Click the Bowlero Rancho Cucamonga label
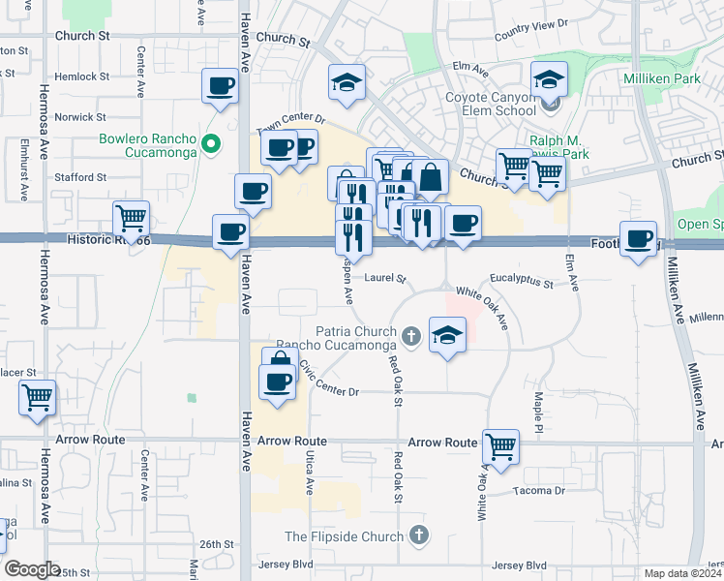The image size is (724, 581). tap(148, 144)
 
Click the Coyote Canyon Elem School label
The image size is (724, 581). tap(490, 105)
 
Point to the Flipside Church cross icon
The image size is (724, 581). tap(418, 535)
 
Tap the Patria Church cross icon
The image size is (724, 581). tap(411, 337)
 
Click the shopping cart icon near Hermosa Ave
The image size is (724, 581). tap(37, 396)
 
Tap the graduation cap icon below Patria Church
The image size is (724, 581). tap(447, 335)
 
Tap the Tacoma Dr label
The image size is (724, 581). tap(540, 491)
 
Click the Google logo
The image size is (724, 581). tap(32, 569)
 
